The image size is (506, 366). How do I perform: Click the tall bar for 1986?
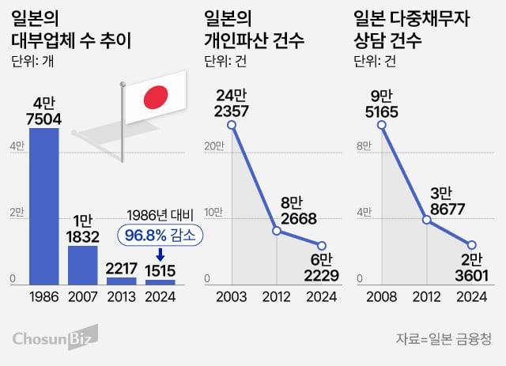43,206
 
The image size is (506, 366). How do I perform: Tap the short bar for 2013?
121,280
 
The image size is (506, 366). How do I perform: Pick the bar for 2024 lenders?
160,281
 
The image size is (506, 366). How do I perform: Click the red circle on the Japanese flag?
156,97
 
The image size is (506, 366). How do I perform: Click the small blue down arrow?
160,255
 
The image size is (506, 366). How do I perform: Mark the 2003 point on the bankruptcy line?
232,125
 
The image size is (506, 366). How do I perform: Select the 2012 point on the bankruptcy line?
276,231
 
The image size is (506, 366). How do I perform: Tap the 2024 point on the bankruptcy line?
320,245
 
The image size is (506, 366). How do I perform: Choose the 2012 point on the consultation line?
427,220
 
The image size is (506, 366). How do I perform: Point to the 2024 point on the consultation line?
472,245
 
